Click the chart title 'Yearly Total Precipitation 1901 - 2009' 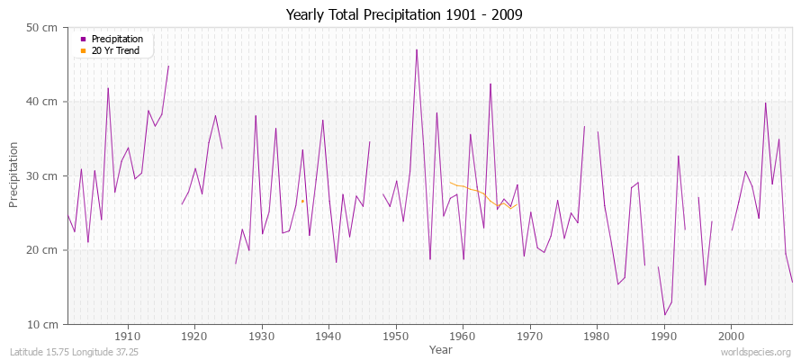(x=404, y=14)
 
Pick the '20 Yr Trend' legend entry (x=112, y=50)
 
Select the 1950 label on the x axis (x=395, y=336)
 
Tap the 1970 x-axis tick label (x=530, y=336)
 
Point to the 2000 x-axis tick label (x=731, y=336)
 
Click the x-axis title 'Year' (x=441, y=348)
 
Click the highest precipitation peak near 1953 (x=416, y=49)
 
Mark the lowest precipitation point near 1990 (x=664, y=314)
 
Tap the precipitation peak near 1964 (x=490, y=84)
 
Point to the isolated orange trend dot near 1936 (x=302, y=201)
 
